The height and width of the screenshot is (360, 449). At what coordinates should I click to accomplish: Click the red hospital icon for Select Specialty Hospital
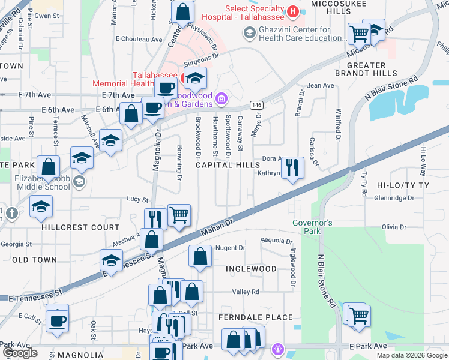(x=292, y=11)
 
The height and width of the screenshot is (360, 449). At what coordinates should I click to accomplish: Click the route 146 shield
(x=256, y=105)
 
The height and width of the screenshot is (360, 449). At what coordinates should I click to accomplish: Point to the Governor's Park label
(x=312, y=227)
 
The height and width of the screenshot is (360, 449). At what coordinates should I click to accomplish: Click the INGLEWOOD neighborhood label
(x=250, y=269)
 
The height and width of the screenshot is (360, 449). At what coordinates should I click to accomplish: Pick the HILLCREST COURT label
(x=80, y=228)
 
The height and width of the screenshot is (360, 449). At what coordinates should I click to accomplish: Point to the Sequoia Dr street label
(x=276, y=241)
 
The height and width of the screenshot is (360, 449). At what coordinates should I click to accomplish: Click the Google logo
(x=20, y=353)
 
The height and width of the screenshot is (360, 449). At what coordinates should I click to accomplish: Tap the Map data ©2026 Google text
(x=411, y=355)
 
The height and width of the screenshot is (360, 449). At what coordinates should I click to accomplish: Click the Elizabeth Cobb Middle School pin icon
(x=80, y=181)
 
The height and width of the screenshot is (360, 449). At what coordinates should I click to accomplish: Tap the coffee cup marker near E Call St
(x=58, y=319)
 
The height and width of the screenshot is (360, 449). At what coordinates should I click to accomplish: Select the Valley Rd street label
(x=246, y=292)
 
